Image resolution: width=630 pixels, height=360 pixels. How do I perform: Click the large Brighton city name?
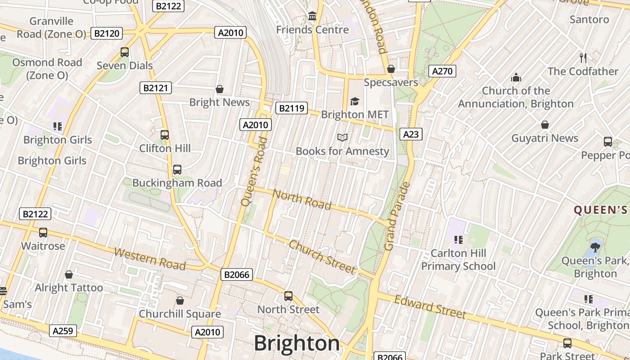(x=297, y=343)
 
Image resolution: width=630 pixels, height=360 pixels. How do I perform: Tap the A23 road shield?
(x=411, y=134)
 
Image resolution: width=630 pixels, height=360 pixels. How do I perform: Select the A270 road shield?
(x=443, y=71)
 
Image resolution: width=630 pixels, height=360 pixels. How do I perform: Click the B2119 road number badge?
(x=291, y=108)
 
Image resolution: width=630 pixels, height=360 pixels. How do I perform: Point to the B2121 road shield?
(x=156, y=88)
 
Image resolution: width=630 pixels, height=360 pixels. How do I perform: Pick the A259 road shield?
(x=63, y=331)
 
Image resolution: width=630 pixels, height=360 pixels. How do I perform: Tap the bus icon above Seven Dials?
(x=125, y=52)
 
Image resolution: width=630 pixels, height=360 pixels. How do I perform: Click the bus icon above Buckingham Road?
(x=177, y=170)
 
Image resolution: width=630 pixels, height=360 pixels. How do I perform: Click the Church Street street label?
(x=322, y=256)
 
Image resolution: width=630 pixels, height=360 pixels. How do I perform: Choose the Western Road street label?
(x=149, y=259)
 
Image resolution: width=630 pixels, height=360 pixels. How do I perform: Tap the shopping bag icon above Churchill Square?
(x=180, y=301)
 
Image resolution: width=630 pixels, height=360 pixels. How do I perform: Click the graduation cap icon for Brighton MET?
(x=355, y=101)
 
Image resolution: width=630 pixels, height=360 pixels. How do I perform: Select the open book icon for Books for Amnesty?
(x=342, y=137)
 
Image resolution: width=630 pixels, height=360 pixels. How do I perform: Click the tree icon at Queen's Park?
(x=595, y=247)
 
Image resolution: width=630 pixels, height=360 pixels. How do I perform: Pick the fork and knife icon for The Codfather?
(x=583, y=58)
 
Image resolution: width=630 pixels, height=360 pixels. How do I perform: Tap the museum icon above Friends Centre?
(x=312, y=17)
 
